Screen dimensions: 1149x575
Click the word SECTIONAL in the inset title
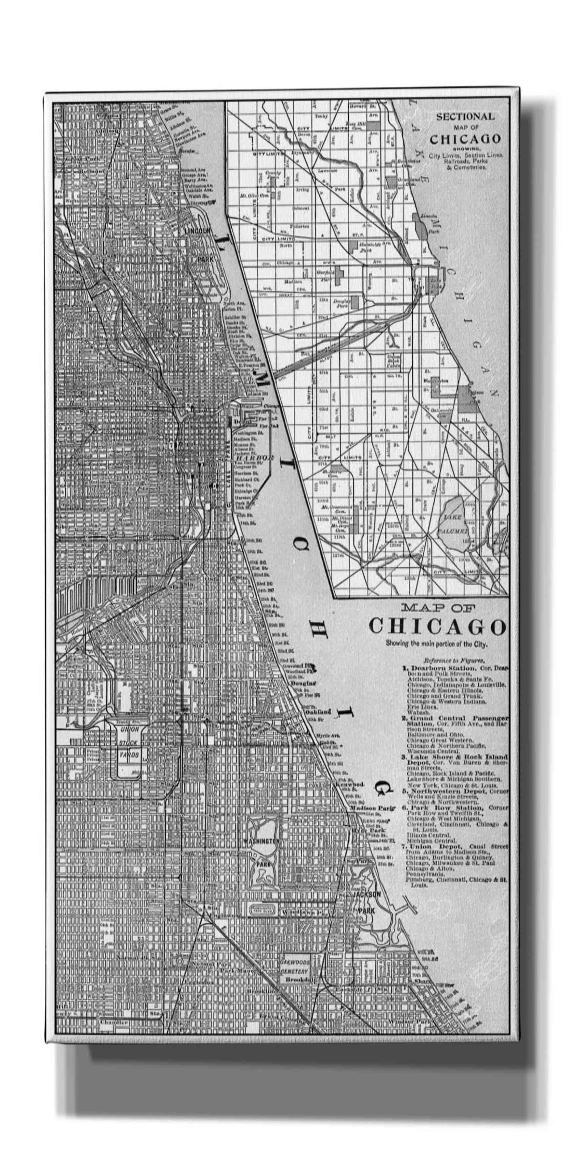[x=465, y=117]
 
